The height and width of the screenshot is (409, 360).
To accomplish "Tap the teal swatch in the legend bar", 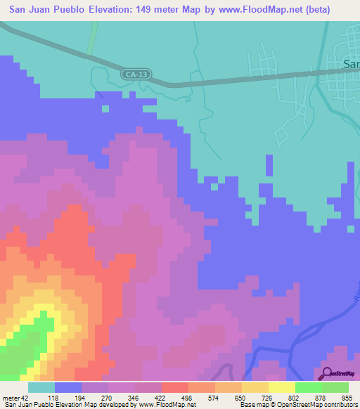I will (41, 387).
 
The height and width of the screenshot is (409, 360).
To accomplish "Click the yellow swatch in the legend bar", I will (281, 387).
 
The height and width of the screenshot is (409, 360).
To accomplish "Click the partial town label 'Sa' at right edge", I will (351, 63).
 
